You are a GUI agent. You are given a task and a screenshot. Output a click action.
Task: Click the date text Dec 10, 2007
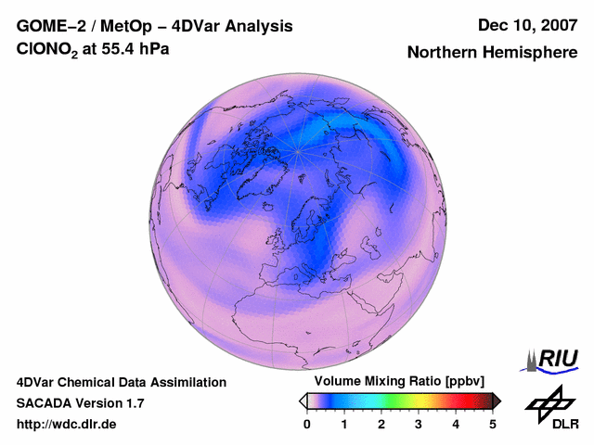click(526, 25)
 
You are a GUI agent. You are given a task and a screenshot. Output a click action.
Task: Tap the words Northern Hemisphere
click(492, 53)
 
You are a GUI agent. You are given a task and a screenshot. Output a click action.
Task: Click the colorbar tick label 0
click(307, 424)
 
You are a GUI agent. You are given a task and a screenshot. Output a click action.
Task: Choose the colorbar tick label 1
click(344, 424)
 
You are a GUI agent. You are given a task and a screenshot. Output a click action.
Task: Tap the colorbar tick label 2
click(381, 424)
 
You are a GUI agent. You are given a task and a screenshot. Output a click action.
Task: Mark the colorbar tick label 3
click(419, 424)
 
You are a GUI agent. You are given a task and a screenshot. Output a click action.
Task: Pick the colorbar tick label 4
click(456, 424)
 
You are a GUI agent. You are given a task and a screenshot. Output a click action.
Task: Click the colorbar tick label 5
click(493, 424)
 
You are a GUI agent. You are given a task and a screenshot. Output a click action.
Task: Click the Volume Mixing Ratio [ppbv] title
click(395, 382)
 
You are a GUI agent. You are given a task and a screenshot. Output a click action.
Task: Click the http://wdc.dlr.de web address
click(67, 425)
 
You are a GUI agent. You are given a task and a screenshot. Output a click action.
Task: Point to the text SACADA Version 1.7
click(80, 403)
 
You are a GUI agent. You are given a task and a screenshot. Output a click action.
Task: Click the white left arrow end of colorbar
click(303, 400)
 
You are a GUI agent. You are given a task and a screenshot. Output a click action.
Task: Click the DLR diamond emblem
click(549, 400)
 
